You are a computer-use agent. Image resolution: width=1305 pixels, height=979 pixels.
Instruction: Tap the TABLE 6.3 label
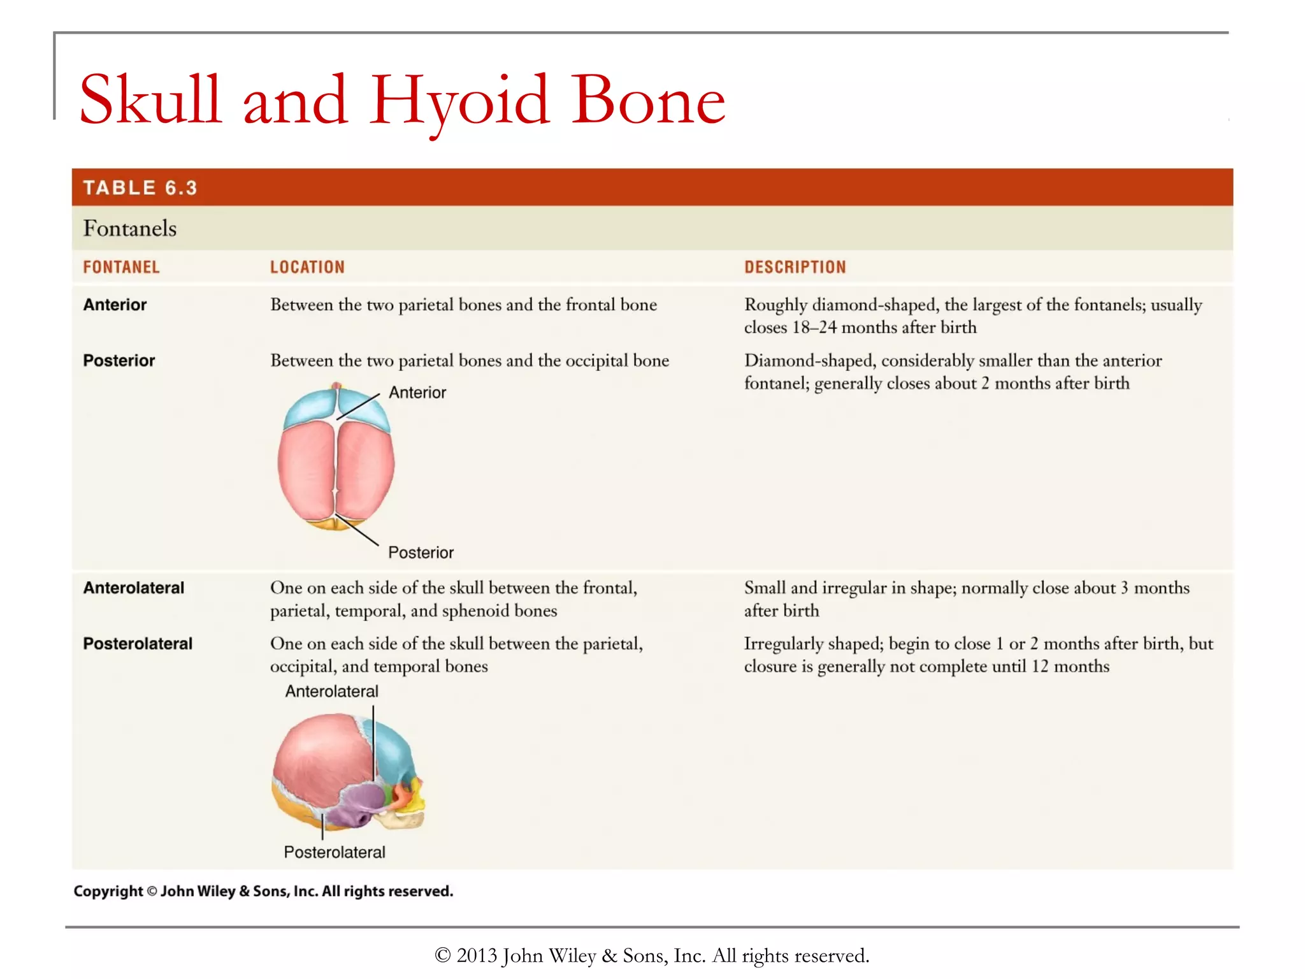(x=140, y=188)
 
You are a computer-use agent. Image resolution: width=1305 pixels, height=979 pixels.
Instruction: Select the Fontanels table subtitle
(x=130, y=228)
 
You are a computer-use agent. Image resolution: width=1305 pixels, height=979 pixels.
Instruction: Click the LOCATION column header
(x=307, y=267)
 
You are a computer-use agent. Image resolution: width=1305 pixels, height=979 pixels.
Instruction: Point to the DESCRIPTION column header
(x=795, y=267)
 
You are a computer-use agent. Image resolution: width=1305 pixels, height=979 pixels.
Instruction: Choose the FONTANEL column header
(x=121, y=267)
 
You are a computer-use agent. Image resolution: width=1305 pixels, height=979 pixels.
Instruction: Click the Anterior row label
(x=115, y=305)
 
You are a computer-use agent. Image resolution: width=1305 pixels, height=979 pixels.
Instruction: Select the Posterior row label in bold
(x=119, y=361)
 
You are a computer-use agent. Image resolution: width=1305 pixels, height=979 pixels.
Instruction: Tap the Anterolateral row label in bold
(x=134, y=588)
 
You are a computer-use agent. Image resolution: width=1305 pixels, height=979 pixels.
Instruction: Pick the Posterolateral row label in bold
(x=138, y=644)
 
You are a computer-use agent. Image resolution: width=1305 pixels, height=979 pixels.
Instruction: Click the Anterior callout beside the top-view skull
(x=417, y=393)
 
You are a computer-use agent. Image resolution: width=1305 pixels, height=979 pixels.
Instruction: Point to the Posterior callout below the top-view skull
(x=421, y=553)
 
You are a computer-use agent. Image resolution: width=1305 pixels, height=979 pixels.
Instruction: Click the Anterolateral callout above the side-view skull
(x=331, y=692)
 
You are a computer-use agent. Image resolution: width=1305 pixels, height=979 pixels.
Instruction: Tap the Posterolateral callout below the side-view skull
(x=335, y=852)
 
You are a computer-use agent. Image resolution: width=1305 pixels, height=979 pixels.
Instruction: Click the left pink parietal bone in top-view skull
(x=306, y=468)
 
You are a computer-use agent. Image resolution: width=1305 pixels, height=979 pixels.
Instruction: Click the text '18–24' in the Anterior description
(x=814, y=328)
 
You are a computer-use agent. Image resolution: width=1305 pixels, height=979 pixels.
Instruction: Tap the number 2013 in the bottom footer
(x=477, y=955)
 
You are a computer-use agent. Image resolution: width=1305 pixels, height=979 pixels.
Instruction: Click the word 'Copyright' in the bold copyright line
(x=108, y=891)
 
